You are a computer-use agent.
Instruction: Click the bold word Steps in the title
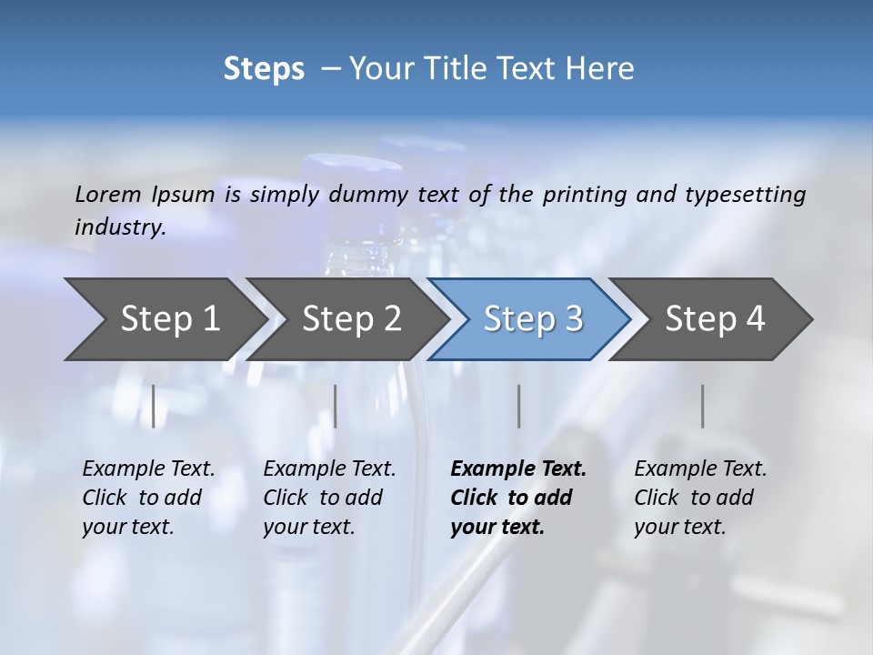tap(264, 69)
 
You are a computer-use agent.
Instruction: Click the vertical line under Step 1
tap(154, 406)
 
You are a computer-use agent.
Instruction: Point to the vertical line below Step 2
tap(336, 406)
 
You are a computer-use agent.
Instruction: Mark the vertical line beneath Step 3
tap(518, 406)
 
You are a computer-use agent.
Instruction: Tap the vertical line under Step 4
tap(703, 406)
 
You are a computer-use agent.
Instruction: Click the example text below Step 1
tap(148, 498)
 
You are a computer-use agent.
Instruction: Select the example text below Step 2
tap(329, 498)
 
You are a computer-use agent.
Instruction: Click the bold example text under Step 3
tap(517, 498)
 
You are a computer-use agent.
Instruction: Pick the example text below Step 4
tap(700, 498)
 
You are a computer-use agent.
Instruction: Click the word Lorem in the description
tap(108, 194)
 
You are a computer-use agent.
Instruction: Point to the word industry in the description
tap(120, 227)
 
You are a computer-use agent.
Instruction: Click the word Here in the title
tap(605, 69)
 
